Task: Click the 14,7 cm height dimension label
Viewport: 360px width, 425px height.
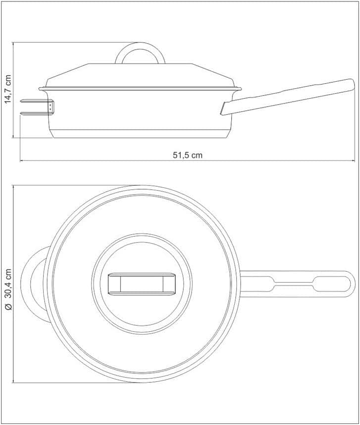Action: [x=8, y=89]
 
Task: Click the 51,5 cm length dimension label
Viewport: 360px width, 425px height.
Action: [x=188, y=156]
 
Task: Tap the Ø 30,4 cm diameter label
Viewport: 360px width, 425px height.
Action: [x=8, y=289]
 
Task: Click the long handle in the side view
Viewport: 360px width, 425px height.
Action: [x=288, y=96]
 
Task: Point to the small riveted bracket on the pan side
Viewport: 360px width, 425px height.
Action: [x=51, y=106]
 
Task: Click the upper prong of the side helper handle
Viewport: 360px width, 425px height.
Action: [x=35, y=101]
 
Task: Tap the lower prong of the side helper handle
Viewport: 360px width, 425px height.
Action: [x=35, y=113]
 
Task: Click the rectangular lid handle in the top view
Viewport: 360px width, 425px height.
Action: [x=142, y=284]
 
